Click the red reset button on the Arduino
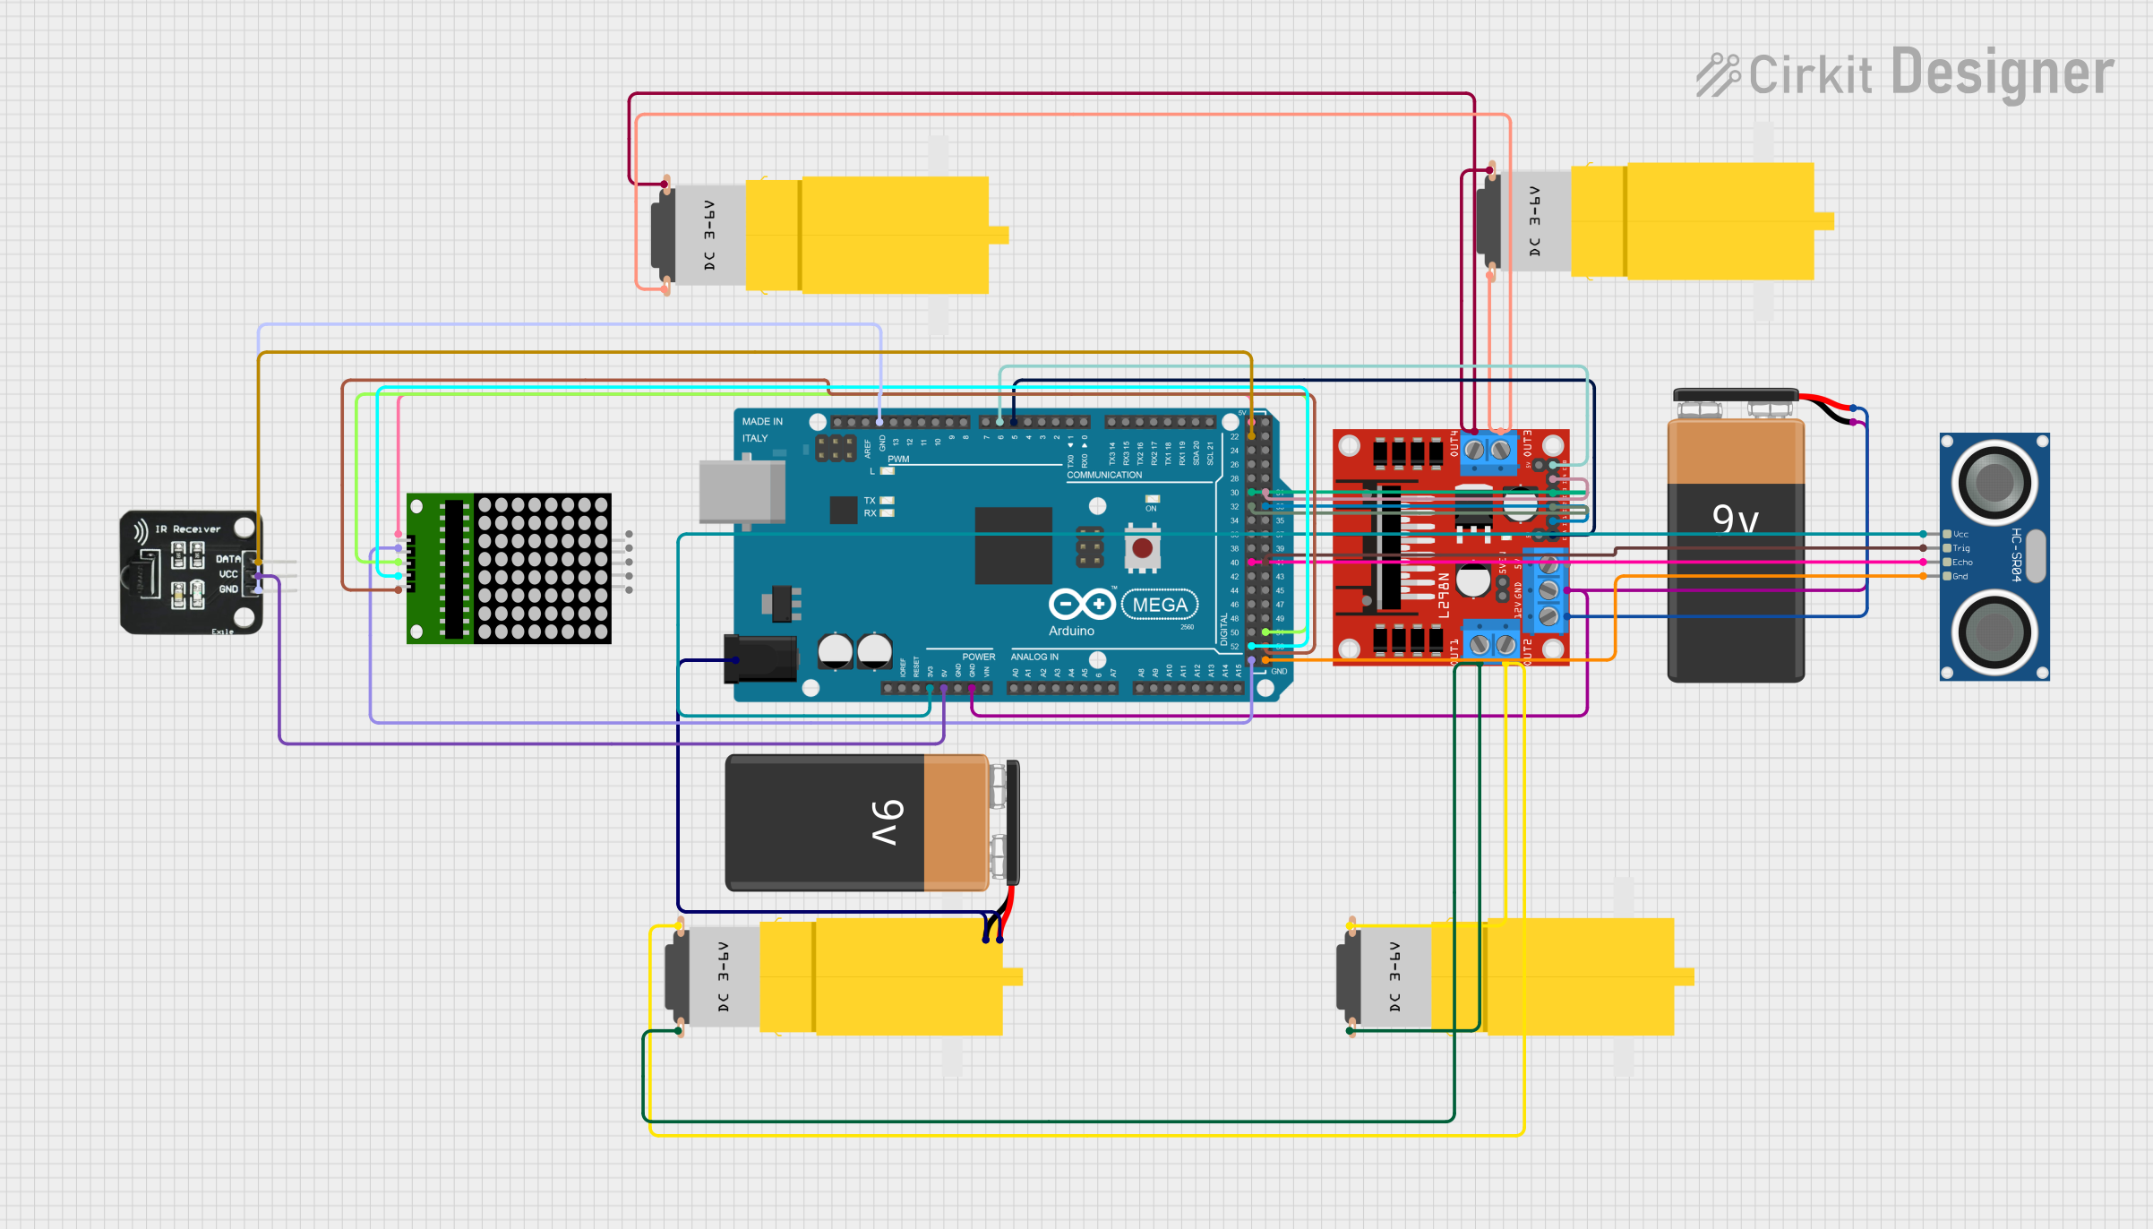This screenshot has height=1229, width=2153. tap(1142, 546)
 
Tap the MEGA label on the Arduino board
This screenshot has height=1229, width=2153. tap(1160, 605)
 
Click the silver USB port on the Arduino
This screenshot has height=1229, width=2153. tap(742, 491)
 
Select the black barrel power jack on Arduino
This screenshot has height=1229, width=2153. tap(759, 659)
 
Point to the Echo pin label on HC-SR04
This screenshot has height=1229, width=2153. tap(1962, 563)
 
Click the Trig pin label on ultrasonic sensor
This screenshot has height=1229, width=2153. tap(1961, 548)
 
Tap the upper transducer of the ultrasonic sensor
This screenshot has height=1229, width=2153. tap(1994, 483)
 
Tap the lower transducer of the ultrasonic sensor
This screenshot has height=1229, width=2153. tap(1994, 632)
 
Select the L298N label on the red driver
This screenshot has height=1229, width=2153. tap(1444, 596)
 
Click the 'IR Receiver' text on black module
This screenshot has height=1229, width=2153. tap(187, 529)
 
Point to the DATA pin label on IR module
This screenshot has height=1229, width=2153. tap(227, 559)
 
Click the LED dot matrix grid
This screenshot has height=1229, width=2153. tap(543, 568)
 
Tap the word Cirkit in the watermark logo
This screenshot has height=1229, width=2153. tap(1809, 75)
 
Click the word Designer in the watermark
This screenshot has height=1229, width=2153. tap(2003, 73)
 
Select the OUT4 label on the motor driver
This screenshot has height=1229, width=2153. tap(1454, 443)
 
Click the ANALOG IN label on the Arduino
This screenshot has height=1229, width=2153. tap(1034, 657)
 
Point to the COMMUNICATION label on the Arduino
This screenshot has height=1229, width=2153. tap(1104, 475)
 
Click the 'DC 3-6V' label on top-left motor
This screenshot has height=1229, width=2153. tap(709, 235)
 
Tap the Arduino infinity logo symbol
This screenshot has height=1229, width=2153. tap(1082, 605)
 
